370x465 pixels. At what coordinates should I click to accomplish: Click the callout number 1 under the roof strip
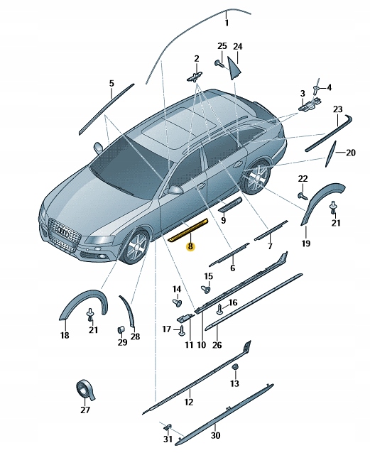(x=227, y=23)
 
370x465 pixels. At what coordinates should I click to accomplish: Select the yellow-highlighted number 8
(x=189, y=247)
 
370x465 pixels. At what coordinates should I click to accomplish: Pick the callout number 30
(x=216, y=435)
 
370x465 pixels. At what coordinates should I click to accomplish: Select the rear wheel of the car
(x=256, y=177)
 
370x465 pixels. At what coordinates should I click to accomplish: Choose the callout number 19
(x=306, y=244)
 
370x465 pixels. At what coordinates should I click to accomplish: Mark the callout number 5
(x=111, y=83)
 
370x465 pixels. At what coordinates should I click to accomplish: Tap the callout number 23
(x=338, y=109)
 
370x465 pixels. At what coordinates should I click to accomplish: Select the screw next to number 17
(x=183, y=329)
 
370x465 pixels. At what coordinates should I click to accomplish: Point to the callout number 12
(x=189, y=403)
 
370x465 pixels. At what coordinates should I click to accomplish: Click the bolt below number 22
(x=302, y=193)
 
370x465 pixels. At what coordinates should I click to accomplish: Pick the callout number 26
(x=217, y=345)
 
